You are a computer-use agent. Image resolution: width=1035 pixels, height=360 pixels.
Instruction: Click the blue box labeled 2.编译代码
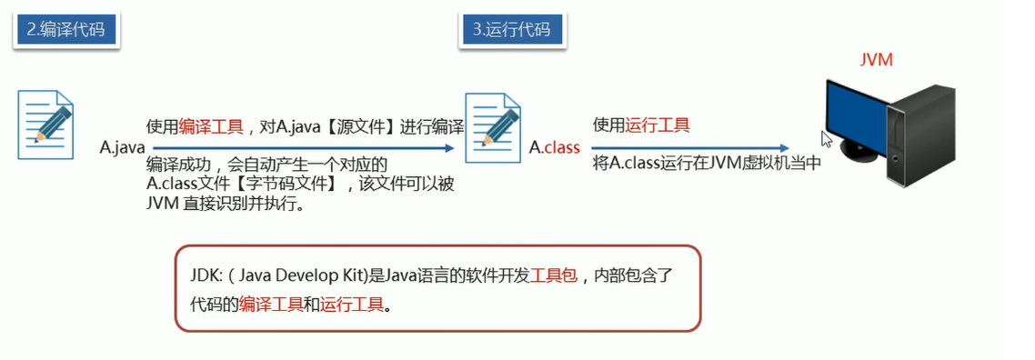pyautogui.click(x=66, y=29)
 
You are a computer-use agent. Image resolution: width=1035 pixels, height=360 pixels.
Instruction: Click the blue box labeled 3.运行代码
pyautogui.click(x=511, y=29)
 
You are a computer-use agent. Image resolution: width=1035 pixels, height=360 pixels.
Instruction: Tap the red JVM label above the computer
pyautogui.click(x=877, y=60)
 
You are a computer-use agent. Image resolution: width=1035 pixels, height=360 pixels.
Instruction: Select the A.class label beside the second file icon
pyautogui.click(x=555, y=147)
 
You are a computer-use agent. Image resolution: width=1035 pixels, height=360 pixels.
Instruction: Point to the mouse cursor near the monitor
pyautogui.click(x=826, y=139)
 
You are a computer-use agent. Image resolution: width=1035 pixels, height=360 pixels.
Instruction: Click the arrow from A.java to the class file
pyautogui.click(x=300, y=148)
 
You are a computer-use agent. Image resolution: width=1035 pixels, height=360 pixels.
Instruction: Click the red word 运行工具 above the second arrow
pyautogui.click(x=658, y=126)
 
